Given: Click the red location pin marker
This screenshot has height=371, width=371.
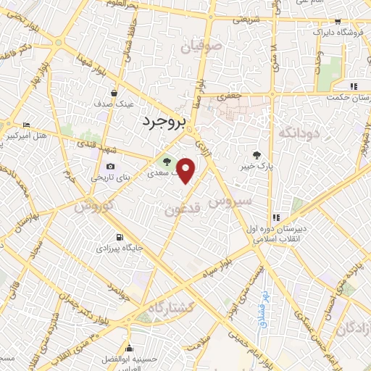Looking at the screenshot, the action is point(186,170).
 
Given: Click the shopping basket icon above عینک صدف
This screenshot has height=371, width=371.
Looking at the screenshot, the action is point(114,93).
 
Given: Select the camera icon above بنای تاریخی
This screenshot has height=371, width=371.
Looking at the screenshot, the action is point(111,166).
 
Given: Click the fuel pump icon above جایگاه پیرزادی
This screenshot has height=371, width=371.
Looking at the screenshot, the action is point(119,236).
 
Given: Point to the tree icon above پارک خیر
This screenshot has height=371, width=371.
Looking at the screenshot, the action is point(256,154).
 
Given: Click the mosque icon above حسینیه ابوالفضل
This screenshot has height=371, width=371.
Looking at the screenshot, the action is point(129,348).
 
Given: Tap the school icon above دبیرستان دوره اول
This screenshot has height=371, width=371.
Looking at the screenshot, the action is point(275,217).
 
